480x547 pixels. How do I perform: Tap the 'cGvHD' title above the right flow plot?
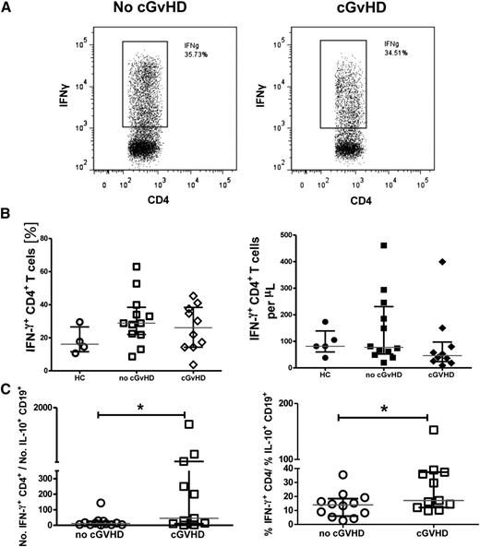click(362, 10)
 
